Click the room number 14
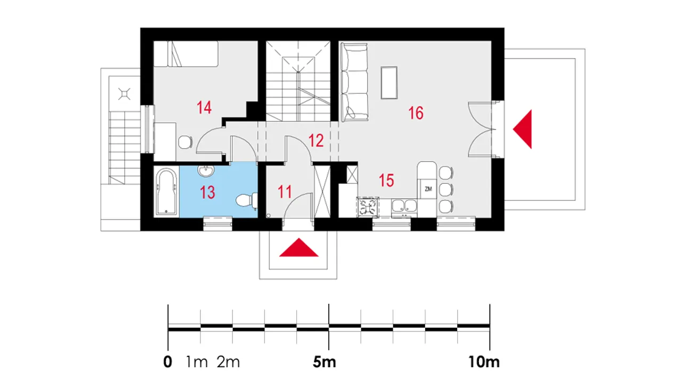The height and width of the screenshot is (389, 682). (x=204, y=108)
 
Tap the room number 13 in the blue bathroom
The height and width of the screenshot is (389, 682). (x=207, y=192)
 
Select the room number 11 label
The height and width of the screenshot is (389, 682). (x=285, y=192)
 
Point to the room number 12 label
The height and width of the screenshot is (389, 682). (x=316, y=141)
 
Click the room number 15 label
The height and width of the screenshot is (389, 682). (x=386, y=180)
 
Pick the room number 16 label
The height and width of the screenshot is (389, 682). (x=416, y=113)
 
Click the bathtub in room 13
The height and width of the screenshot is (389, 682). (x=166, y=191)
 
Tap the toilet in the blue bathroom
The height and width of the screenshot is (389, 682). (x=247, y=200)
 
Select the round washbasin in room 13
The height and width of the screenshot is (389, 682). (x=206, y=171)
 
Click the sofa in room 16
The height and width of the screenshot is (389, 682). (x=354, y=82)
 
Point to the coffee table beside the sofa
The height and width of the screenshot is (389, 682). (x=389, y=83)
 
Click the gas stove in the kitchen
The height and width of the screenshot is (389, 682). (x=368, y=208)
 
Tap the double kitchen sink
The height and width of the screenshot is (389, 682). (x=404, y=206)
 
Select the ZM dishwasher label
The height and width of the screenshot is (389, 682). (x=428, y=189)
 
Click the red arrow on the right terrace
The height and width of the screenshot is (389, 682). (x=523, y=129)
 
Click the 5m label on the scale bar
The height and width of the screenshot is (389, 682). (x=324, y=362)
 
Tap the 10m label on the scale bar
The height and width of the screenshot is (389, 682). (x=484, y=362)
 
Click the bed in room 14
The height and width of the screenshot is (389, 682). (x=186, y=54)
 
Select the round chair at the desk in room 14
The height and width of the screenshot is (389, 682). (x=185, y=142)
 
